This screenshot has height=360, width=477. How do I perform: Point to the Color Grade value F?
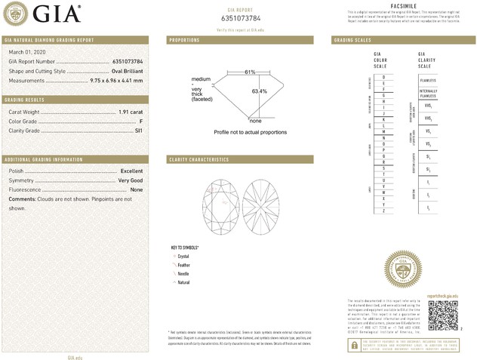(140, 122)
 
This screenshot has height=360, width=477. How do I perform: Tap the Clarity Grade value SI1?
(138, 131)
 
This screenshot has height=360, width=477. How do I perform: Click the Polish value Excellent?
(131, 171)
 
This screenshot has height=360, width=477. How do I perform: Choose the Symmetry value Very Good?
(130, 181)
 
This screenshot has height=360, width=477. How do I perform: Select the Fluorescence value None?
(136, 190)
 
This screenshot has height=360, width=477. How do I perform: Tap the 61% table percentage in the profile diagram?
(250, 72)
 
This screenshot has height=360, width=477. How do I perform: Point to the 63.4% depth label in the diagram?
(260, 91)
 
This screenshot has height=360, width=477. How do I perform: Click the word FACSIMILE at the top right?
(400, 5)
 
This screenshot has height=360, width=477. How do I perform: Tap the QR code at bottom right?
(442, 313)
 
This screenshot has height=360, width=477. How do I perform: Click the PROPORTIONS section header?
(185, 39)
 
